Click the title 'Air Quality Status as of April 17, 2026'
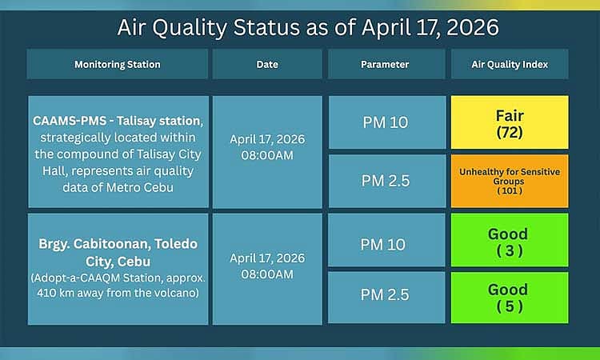308,27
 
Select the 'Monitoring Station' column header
118,64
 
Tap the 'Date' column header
267,64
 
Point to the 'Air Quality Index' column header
510,64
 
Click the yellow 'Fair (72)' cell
510,122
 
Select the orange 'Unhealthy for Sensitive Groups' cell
510,181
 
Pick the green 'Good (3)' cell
510,239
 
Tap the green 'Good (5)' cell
510,298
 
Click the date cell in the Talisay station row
267,146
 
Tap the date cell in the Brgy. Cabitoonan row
267,266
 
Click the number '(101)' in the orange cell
510,191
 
